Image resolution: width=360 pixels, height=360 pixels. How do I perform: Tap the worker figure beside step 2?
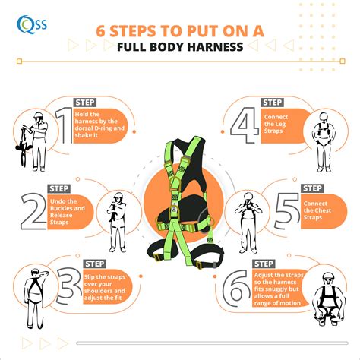coord(116,221)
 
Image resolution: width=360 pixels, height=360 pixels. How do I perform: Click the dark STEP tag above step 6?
coord(263,263)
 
